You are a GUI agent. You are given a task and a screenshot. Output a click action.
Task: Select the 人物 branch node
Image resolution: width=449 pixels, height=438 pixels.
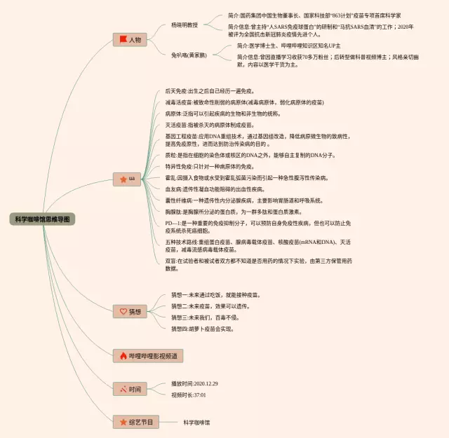click(x=130, y=40)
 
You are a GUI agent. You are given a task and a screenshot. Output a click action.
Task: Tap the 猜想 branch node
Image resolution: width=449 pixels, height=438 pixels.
click(x=130, y=311)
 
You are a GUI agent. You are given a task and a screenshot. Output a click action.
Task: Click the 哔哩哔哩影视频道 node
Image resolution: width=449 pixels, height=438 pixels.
click(x=148, y=356)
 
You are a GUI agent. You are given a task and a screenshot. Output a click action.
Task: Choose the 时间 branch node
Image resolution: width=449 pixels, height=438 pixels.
click(x=130, y=389)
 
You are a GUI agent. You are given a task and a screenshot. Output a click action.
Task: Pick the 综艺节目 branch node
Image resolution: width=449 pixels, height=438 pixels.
click(x=135, y=422)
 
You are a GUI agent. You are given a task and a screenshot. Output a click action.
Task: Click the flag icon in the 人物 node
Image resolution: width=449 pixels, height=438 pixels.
click(x=122, y=40)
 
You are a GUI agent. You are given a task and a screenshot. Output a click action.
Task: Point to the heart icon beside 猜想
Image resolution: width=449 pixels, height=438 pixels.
click(x=122, y=311)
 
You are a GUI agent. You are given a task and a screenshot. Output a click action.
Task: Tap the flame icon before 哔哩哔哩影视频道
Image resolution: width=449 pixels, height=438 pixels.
click(x=122, y=356)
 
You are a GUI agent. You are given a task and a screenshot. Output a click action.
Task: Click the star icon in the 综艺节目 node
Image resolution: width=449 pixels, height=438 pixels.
click(x=122, y=422)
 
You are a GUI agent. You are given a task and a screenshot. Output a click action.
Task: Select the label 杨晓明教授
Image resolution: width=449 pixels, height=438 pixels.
click(x=185, y=25)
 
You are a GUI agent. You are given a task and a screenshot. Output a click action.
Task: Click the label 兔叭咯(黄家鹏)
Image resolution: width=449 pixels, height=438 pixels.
click(x=189, y=55)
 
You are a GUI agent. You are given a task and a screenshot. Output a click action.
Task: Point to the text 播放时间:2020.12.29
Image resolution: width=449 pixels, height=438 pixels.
click(x=194, y=383)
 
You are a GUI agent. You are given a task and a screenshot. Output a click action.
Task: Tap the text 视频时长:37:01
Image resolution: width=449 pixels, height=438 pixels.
click(x=189, y=395)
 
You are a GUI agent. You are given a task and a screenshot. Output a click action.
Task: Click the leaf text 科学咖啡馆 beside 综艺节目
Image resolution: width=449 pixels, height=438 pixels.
click(x=196, y=422)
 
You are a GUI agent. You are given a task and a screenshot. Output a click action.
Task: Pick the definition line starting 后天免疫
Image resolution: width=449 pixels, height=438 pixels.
click(x=210, y=91)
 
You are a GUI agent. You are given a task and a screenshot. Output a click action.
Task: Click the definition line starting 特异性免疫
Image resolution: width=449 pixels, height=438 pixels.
click(x=210, y=167)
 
